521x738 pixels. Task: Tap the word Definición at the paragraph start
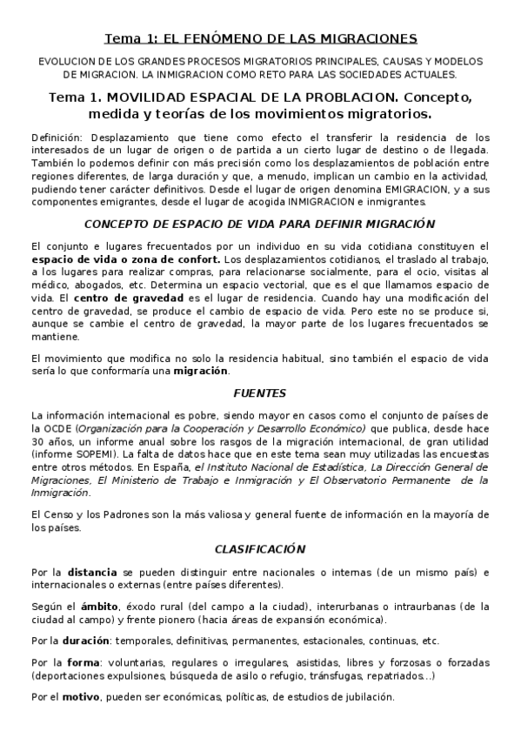pyautogui.click(x=57, y=138)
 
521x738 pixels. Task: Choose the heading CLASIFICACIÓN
pyautogui.click(x=259, y=549)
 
